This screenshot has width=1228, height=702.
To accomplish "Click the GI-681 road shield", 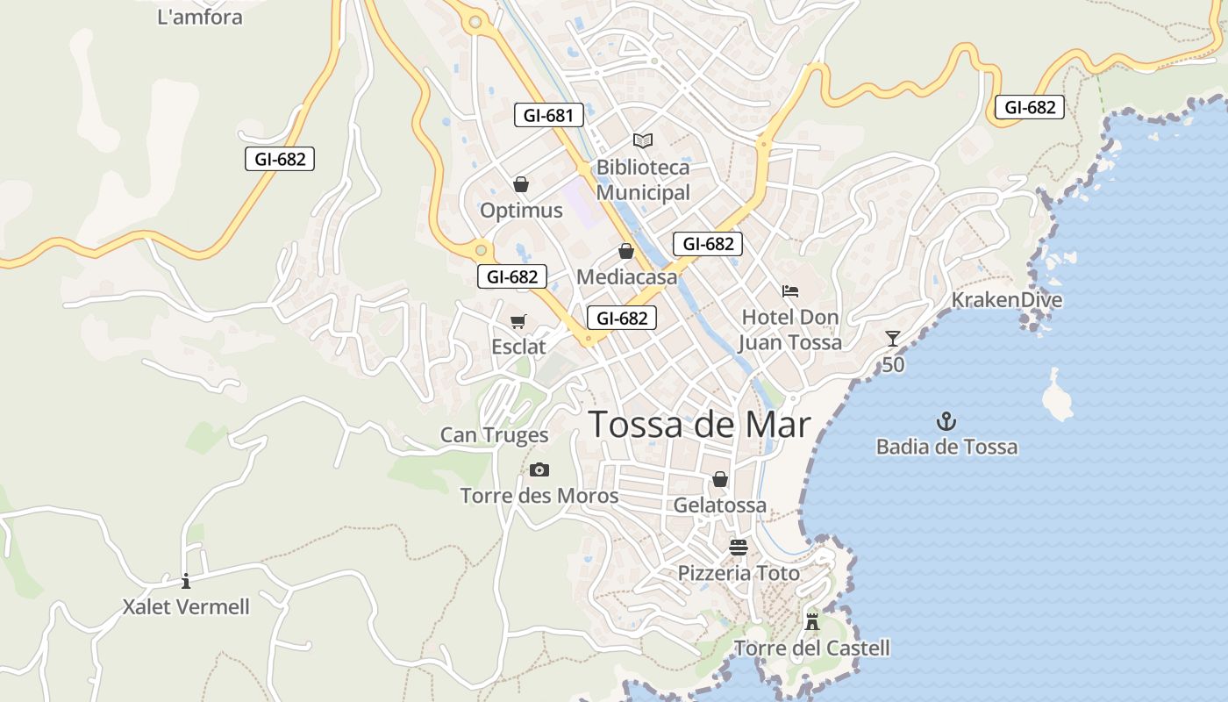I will tap(548, 115).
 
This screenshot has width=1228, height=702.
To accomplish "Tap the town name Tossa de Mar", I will tap(699, 425).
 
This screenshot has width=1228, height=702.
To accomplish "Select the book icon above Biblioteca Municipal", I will tap(643, 140).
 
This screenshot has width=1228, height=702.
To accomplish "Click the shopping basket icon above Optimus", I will tap(521, 184).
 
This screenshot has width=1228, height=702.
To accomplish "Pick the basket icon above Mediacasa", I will tap(626, 252).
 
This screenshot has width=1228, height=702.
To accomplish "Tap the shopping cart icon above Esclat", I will tap(518, 322).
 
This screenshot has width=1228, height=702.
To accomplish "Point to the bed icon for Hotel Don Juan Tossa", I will tap(790, 290).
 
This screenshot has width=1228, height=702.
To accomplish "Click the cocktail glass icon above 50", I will tap(893, 339).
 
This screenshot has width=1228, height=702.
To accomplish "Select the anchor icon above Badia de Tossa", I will tap(946, 421).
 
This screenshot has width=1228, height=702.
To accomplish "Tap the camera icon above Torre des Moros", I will tap(539, 470).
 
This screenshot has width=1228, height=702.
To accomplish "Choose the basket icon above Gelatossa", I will tap(720, 479).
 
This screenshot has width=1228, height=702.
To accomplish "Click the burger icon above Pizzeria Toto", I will tap(739, 548).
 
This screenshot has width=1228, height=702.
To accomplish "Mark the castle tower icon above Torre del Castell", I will tap(812, 622).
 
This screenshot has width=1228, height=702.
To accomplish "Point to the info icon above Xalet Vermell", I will tap(186, 581).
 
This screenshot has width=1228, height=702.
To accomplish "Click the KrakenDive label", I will tap(1007, 300).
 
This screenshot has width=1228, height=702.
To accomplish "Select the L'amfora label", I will tap(200, 17).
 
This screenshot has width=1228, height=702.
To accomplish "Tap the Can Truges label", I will tap(494, 434).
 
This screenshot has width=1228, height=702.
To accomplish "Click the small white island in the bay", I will tap(1057, 397).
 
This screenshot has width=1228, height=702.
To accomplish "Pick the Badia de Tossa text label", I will tap(947, 447).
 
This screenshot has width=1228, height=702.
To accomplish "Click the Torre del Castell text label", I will tap(812, 648).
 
